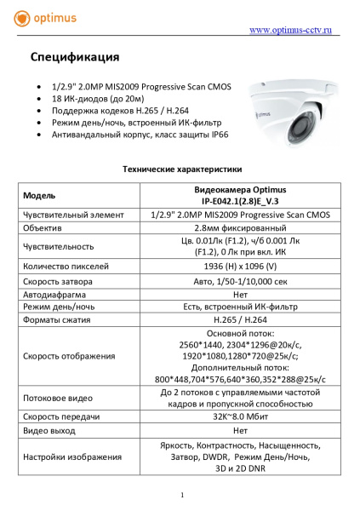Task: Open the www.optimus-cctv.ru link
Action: (x=288, y=31)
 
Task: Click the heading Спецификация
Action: (x=75, y=58)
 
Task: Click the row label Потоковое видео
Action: (x=58, y=398)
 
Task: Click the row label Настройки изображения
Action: (x=72, y=457)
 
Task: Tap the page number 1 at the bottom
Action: (x=182, y=495)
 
